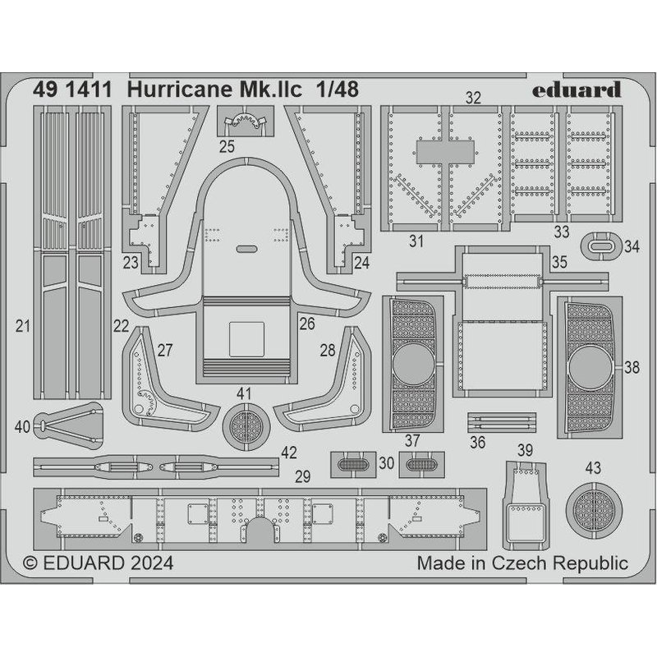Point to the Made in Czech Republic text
tap(522, 563)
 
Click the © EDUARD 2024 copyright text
tap(99, 563)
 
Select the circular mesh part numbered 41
tap(244, 426)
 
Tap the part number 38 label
tap(632, 368)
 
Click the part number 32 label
tap(473, 99)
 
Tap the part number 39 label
tap(526, 449)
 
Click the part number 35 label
tap(559, 264)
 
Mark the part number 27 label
tap(165, 351)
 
